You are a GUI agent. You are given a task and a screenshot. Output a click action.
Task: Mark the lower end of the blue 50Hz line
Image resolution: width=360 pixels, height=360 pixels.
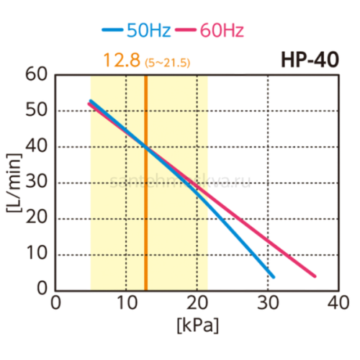pyautogui.click(x=273, y=276)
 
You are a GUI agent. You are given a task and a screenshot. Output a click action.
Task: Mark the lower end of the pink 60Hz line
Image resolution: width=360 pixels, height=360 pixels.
pyautogui.click(x=314, y=275)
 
